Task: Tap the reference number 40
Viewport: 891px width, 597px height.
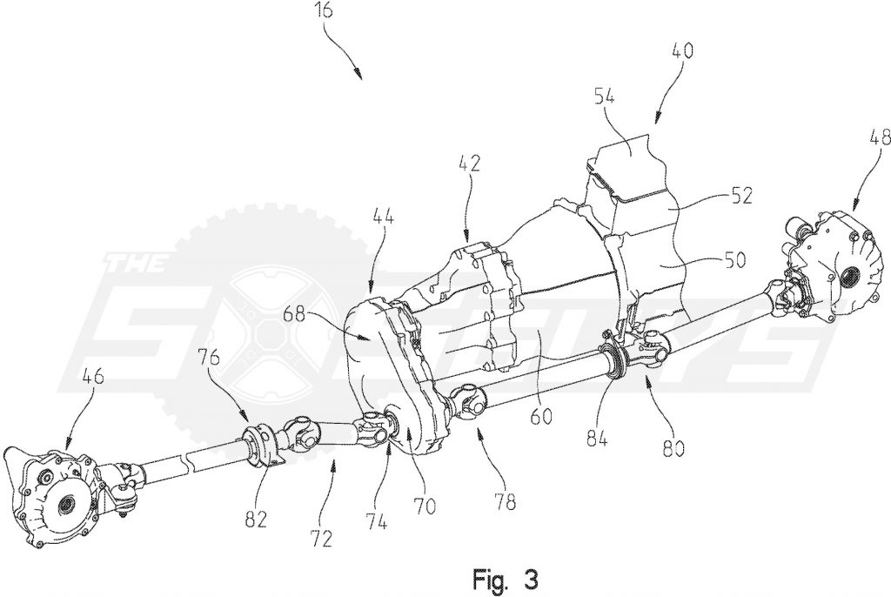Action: click(682, 50)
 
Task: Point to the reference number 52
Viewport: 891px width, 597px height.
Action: click(740, 196)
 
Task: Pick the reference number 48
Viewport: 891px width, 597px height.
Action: click(879, 138)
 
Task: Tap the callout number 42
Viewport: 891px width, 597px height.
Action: click(468, 164)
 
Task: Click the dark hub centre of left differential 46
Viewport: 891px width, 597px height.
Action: click(66, 504)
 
